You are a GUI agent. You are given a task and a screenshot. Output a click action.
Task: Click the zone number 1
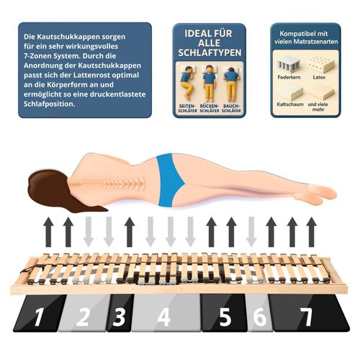[x=39, y=317]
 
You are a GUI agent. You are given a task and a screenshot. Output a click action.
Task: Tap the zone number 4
[x=164, y=317]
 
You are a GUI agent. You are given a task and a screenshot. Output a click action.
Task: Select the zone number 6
[x=260, y=317]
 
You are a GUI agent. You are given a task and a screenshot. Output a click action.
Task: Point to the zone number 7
[x=307, y=317]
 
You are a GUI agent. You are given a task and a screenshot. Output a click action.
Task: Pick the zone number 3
[x=120, y=317]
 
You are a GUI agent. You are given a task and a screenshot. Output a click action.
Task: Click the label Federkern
[x=289, y=77]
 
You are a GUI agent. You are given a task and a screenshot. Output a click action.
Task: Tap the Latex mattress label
[x=319, y=77]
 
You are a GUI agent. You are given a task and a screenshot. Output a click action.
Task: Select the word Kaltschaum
[x=290, y=104]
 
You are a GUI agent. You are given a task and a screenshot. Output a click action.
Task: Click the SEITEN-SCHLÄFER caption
[x=188, y=108]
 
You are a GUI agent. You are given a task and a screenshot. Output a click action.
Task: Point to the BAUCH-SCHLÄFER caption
[x=231, y=108]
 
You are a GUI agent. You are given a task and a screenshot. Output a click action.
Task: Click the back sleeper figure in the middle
[x=210, y=83]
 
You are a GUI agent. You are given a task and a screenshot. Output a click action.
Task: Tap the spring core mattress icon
[x=288, y=63]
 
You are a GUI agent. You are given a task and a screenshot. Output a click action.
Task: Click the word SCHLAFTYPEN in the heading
[x=210, y=53]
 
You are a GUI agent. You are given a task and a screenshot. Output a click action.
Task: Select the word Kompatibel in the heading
[x=292, y=34]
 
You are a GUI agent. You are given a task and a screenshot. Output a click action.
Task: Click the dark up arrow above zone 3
[x=130, y=232]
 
